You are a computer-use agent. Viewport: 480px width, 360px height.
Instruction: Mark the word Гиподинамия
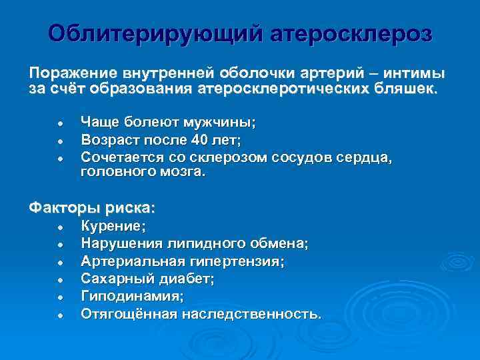(x=131, y=295)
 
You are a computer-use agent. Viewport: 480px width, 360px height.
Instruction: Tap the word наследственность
(x=252, y=313)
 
